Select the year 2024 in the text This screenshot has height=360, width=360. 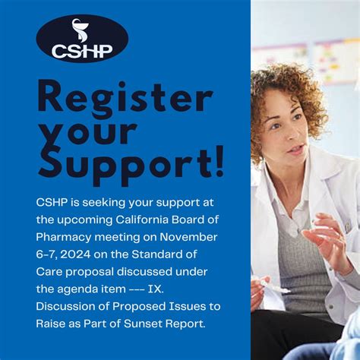(x=84, y=254)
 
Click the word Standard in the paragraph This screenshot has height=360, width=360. (x=178, y=254)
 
